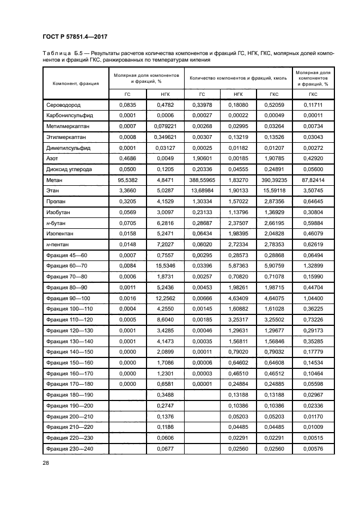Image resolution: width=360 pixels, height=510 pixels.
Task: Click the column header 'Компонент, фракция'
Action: tap(76, 83)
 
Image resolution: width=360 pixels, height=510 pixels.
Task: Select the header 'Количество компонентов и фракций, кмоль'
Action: tap(237, 77)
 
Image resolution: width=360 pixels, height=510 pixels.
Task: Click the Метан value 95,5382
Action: tap(126, 179)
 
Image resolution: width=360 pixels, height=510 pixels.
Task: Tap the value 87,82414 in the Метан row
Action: tap(313, 179)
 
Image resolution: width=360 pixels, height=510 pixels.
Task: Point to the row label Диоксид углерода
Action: tap(69, 169)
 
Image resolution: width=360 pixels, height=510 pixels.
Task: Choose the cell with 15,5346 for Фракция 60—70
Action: tap(165, 265)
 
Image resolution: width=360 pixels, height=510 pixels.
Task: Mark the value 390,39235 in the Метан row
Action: tap(274, 179)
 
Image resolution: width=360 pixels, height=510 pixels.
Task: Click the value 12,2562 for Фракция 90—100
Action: tap(165, 297)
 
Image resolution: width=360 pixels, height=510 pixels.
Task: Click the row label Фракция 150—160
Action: tap(70, 362)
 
